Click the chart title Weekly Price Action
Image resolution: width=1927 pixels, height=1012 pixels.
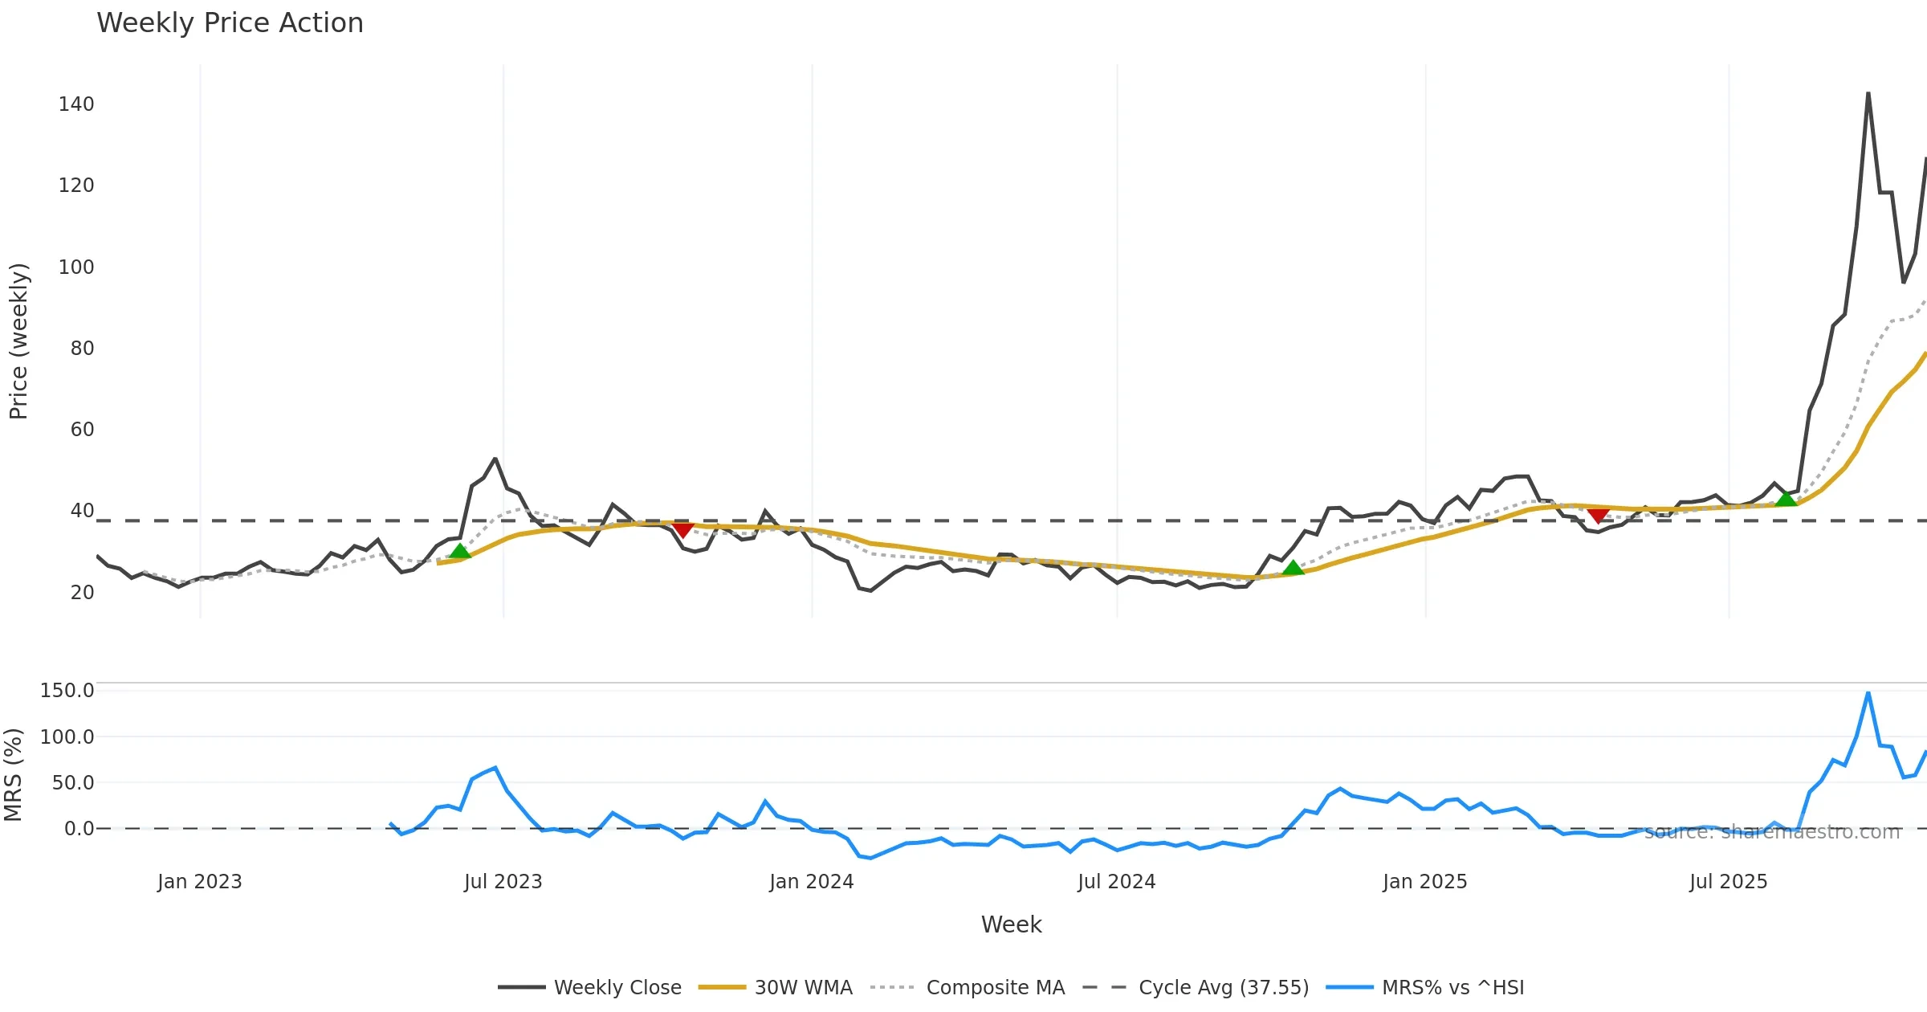point(230,23)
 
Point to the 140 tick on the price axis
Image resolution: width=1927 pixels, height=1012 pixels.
point(76,104)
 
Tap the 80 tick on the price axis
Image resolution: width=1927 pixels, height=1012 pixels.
point(82,349)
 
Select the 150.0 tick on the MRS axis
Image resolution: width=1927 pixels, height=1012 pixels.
point(67,691)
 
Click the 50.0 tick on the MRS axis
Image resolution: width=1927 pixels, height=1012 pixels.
point(73,783)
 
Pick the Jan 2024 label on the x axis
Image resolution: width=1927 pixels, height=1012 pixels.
point(811,882)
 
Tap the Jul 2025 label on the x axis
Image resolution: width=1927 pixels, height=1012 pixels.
point(1728,882)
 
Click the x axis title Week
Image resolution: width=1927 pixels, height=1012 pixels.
point(1011,925)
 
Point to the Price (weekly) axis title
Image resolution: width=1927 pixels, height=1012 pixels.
point(18,341)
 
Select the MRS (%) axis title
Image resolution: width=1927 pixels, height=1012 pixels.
point(14,775)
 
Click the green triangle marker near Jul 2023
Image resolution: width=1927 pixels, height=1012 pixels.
point(459,551)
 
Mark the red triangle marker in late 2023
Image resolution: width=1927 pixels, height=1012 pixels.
point(682,529)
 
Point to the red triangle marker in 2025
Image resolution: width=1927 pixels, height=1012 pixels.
point(1598,515)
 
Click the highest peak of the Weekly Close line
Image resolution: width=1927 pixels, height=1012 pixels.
point(1868,93)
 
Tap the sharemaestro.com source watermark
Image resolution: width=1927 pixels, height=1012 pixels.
point(1772,832)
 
